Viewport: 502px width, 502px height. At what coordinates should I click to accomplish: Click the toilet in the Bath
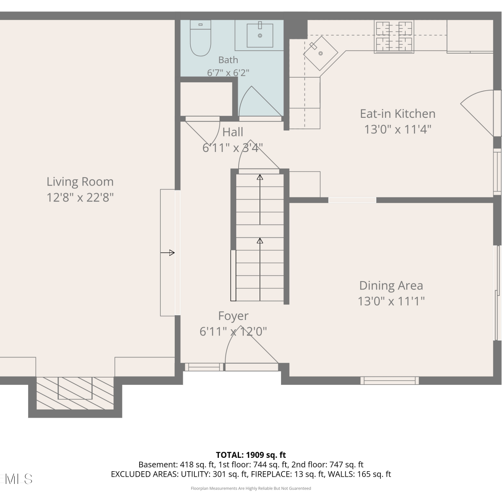(200, 38)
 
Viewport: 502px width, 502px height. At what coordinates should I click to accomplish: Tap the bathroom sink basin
(260, 35)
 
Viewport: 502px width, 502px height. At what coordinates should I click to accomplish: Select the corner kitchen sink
(321, 53)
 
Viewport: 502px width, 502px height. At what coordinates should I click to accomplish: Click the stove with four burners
(394, 36)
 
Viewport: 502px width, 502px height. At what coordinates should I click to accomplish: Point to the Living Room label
(80, 182)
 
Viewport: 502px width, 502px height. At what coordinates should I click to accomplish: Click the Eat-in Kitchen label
(398, 114)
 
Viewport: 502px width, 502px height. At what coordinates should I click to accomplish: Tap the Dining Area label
(391, 285)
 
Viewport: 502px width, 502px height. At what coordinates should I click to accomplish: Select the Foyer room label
(233, 316)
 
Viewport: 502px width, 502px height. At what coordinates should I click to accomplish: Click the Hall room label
(233, 132)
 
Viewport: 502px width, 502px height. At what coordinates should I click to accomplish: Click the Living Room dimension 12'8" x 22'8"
(80, 197)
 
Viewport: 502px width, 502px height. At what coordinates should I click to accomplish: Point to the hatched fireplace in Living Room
(75, 393)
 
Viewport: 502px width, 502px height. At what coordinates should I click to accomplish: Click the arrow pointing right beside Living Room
(167, 253)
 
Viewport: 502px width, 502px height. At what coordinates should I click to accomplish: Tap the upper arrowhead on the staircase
(260, 177)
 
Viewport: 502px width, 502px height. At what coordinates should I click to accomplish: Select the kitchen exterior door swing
(477, 113)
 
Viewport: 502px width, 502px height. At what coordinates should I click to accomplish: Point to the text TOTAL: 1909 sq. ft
(251, 455)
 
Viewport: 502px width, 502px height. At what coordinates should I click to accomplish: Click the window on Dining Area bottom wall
(390, 381)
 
